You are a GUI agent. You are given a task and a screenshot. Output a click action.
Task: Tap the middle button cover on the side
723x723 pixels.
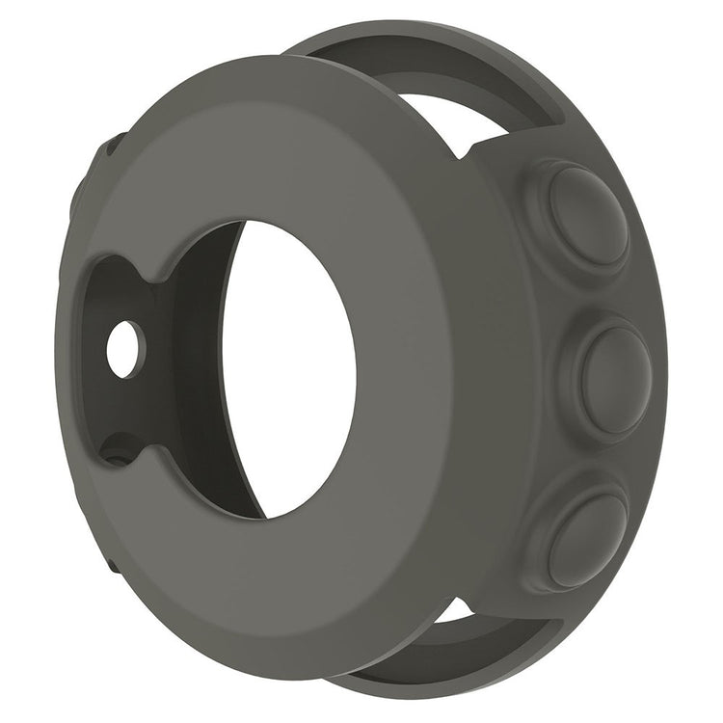615,370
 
